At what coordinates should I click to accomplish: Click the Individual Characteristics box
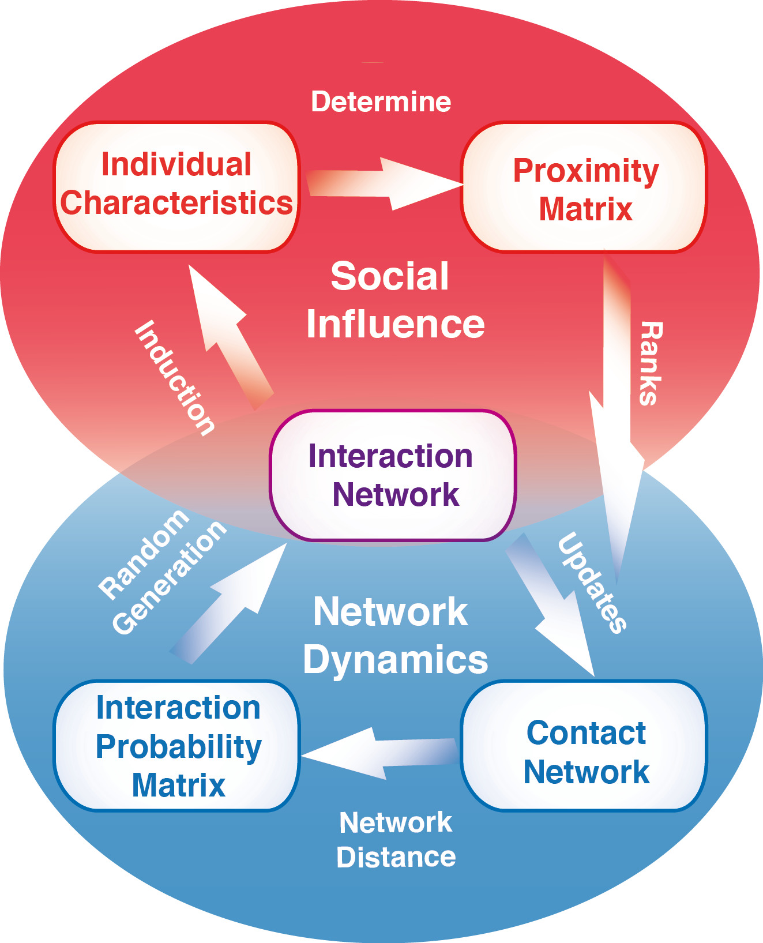(176, 187)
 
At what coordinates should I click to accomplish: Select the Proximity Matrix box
(584, 187)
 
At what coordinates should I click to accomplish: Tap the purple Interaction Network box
(393, 475)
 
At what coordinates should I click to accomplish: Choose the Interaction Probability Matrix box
(176, 746)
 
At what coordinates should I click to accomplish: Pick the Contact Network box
(584, 746)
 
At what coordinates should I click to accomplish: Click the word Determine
(381, 102)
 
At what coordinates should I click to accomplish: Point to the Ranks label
(652, 363)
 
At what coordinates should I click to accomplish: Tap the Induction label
(175, 377)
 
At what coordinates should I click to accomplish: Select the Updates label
(592, 583)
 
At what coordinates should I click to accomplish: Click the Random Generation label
(162, 572)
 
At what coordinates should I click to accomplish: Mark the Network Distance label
(396, 840)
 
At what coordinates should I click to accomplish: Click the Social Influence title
(396, 300)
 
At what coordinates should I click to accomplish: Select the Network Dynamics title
(396, 636)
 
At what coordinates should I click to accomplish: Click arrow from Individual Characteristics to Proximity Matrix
(385, 183)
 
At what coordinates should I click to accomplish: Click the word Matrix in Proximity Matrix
(585, 209)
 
